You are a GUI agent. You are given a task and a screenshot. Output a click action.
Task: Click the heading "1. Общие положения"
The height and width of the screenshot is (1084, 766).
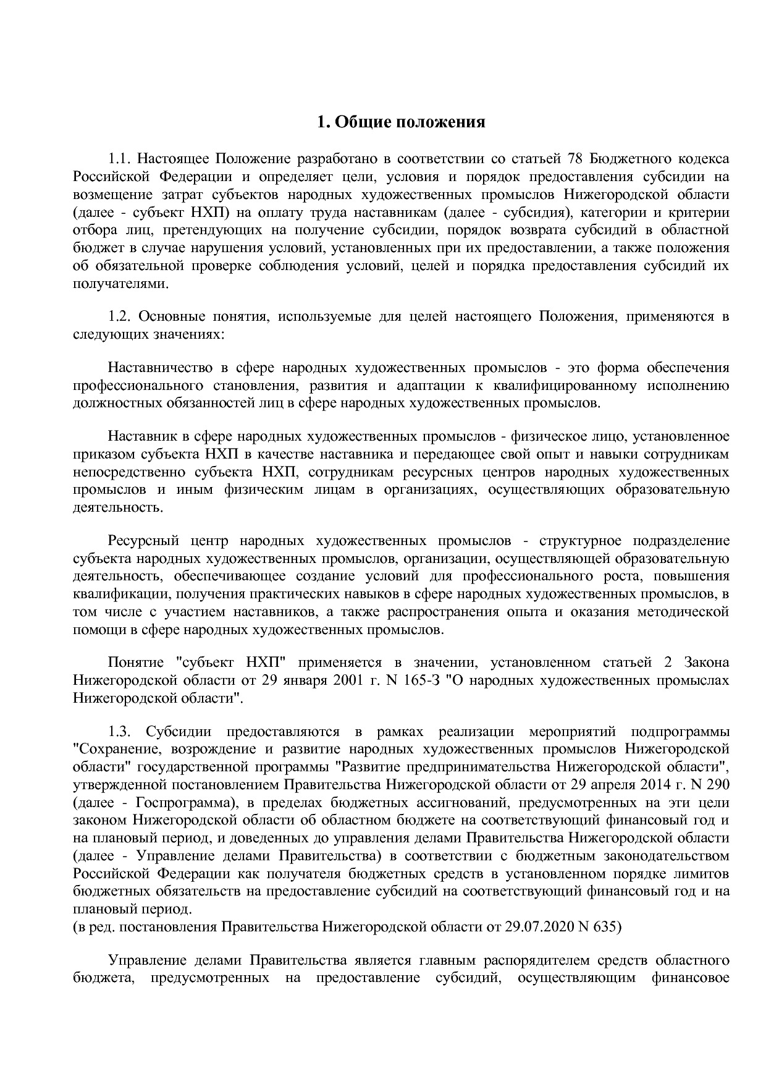pyautogui.click(x=401, y=122)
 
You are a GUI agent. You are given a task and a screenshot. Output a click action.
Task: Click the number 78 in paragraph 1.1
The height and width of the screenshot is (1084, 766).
pyautogui.click(x=574, y=159)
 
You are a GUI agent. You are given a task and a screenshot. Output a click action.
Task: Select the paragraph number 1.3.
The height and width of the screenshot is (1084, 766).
pyautogui.click(x=119, y=732)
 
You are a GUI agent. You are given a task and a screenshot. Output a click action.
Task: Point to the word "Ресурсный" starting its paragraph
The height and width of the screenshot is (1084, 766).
pyautogui.click(x=143, y=541)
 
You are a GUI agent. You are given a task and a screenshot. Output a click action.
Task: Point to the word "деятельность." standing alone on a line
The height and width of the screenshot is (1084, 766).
pyautogui.click(x=110, y=508)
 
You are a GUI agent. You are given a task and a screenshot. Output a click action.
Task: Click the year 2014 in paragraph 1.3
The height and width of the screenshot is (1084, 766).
pyautogui.click(x=667, y=785)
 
